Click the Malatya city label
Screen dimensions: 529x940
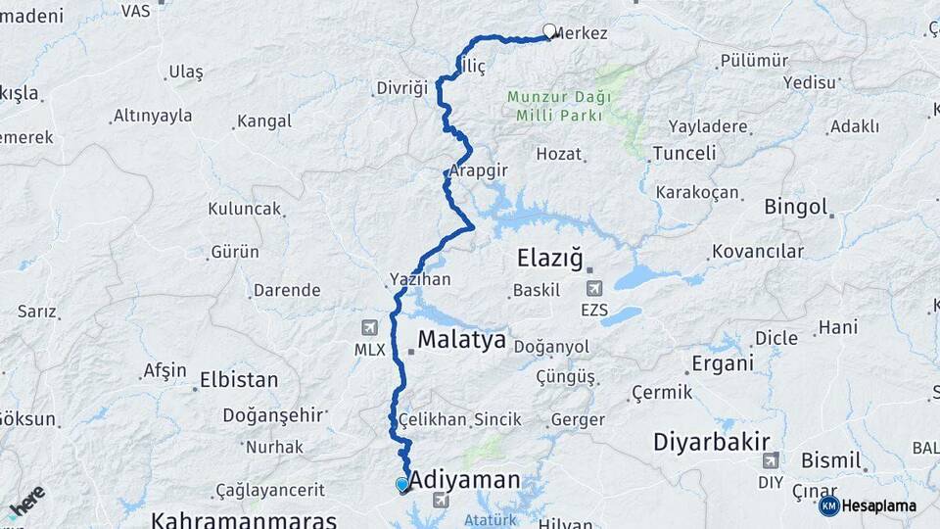click(x=461, y=340)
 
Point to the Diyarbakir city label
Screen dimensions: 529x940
click(x=712, y=441)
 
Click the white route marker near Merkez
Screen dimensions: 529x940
click(x=549, y=31)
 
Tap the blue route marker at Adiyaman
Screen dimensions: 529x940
click(x=401, y=484)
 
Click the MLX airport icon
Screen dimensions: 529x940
click(x=369, y=327)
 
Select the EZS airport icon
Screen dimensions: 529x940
click(x=593, y=289)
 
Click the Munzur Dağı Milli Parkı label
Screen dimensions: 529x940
click(x=559, y=106)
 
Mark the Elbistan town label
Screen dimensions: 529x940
click(x=238, y=379)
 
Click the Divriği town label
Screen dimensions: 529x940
click(x=402, y=88)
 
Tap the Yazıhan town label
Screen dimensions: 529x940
click(x=420, y=279)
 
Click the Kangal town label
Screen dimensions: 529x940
click(x=264, y=121)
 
